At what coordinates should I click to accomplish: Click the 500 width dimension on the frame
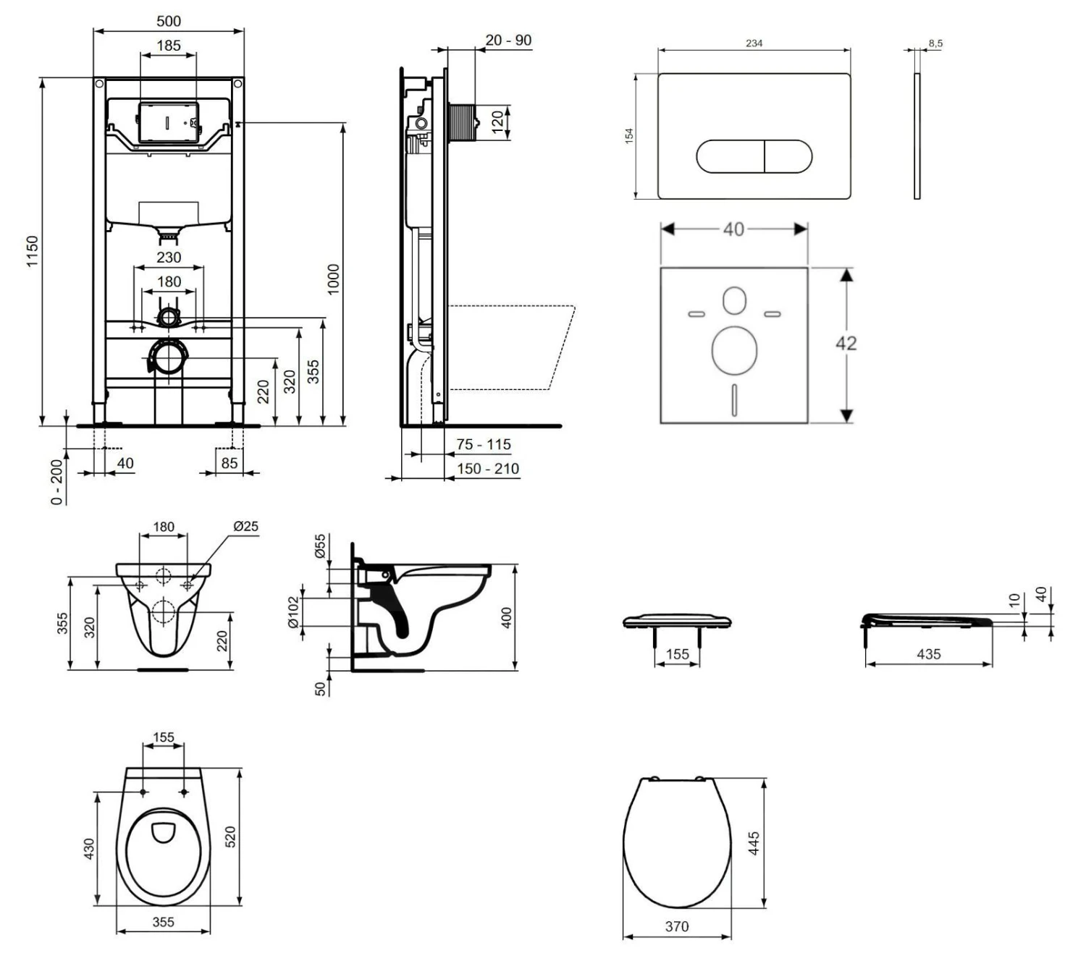pos(169,21)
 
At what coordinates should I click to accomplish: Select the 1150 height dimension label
pos(33,250)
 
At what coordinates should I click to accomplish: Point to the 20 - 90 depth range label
pos(508,41)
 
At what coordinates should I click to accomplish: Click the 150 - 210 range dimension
pos(487,469)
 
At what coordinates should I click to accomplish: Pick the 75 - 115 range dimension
pos(483,444)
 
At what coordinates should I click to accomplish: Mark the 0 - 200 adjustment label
pos(57,480)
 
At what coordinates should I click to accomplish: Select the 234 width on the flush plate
pos(754,43)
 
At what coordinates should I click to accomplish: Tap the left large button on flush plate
pos(730,156)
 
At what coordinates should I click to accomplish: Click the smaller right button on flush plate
pos(788,156)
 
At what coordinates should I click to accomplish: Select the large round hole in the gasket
pos(734,350)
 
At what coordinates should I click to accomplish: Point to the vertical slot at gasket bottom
pos(734,399)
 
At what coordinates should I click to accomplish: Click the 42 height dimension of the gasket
pos(846,343)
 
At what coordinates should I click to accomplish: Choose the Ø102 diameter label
pos(293,612)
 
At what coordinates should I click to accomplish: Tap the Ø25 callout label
pos(245,526)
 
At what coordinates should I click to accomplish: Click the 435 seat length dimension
pos(928,654)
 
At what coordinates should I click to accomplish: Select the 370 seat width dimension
pos(677,926)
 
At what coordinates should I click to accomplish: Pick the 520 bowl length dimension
pos(231,837)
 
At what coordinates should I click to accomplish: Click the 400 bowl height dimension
pos(507,617)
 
